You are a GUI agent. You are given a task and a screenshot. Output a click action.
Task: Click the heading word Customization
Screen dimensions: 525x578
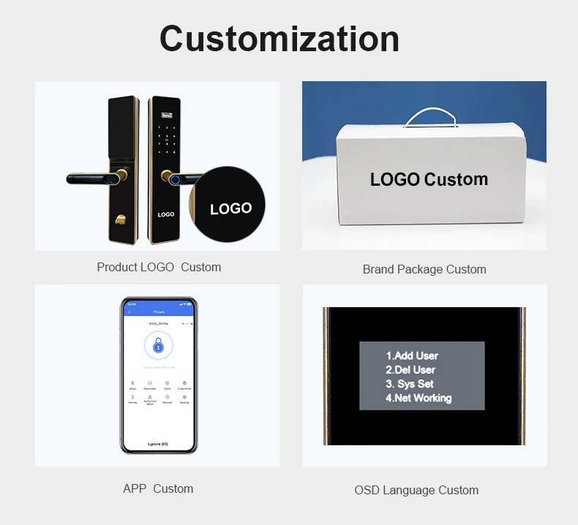[279, 39]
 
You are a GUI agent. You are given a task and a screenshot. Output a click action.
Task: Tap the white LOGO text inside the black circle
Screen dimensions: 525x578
[230, 208]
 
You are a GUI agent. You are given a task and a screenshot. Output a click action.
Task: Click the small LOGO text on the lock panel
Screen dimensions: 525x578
[166, 214]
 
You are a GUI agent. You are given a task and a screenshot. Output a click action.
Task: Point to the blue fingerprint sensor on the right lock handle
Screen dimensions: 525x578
[176, 179]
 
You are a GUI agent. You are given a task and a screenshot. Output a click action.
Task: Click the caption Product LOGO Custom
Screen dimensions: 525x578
[159, 267]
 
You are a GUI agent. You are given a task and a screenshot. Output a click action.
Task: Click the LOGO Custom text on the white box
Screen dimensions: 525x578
[429, 179]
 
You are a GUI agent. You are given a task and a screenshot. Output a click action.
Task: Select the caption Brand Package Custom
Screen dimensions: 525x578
[424, 269]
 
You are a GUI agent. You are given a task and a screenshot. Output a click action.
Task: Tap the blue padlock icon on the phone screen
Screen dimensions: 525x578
[158, 346]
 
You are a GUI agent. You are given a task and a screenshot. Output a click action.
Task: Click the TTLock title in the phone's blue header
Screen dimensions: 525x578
[159, 312]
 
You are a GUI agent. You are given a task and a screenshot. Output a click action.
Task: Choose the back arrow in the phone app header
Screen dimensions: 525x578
[129, 312]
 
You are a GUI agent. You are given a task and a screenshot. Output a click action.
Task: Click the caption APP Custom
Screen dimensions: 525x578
[158, 488]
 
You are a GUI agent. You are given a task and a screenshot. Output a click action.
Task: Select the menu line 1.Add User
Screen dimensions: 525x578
[412, 356]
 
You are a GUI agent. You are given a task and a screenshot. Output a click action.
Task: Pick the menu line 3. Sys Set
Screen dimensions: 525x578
[410, 384]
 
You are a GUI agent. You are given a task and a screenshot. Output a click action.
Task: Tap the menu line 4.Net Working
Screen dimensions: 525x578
[419, 398]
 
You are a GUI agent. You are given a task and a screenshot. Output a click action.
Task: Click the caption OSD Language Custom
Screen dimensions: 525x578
[416, 490]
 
